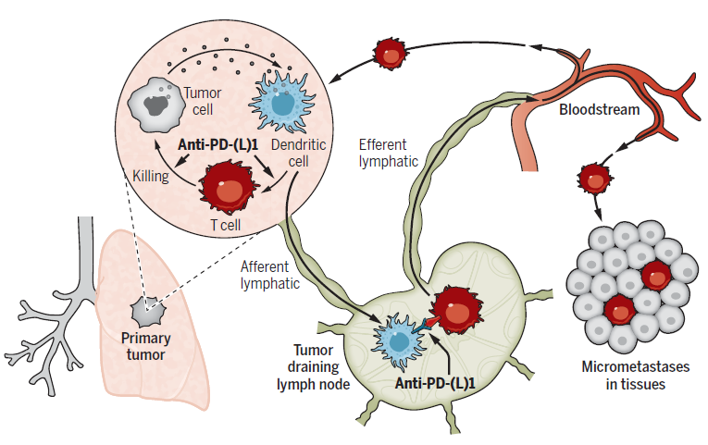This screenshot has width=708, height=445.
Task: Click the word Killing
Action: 149,176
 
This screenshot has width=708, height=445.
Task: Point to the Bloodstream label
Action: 599,110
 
